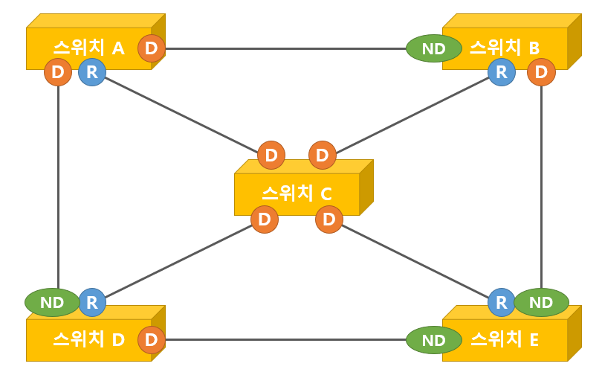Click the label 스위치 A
88,48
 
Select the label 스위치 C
297,193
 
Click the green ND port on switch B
433,49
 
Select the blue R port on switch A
92,72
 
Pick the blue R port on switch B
502,72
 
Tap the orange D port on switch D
152,339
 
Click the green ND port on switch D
51,302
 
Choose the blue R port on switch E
502,302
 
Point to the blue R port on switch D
92,302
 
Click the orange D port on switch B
541,72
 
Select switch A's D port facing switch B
152,49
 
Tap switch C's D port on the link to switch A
271,156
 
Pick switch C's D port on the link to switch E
328,219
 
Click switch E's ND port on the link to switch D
433,340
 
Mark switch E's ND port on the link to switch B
542,302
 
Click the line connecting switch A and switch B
286,49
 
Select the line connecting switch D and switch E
286,340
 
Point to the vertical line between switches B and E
542,186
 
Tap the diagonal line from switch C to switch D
178,261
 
